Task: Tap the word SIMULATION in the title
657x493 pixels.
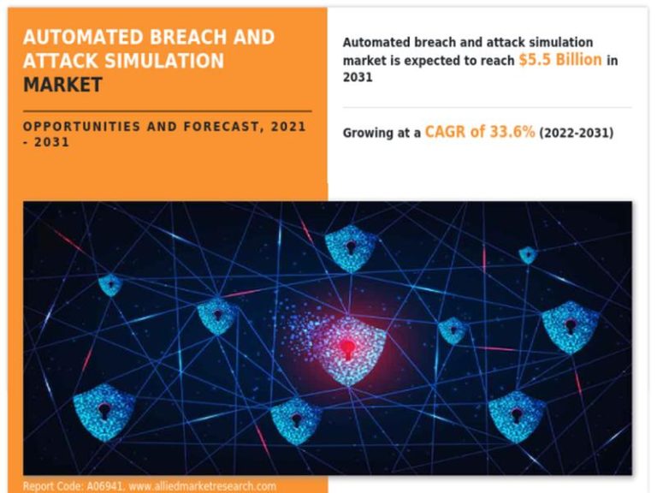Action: coord(164,61)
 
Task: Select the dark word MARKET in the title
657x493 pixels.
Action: coord(62,85)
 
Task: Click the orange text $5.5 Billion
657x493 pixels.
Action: coord(560,60)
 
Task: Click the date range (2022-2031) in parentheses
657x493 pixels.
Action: coord(577,133)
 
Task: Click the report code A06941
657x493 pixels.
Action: coord(104,486)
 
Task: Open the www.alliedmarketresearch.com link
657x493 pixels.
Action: coord(203,486)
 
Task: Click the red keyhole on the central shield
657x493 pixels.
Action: coord(348,349)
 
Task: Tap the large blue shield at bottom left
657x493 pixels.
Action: coord(104,412)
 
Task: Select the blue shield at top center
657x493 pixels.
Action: coord(351,248)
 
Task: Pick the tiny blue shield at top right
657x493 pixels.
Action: coord(528,255)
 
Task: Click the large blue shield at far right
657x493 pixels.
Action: coord(571,327)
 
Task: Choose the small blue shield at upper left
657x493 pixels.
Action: coord(110,285)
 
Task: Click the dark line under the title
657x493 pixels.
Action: coord(167,111)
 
